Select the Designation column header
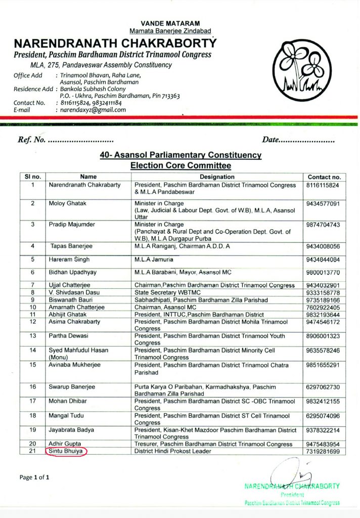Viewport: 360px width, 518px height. click(x=217, y=177)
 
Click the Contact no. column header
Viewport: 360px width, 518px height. click(x=324, y=177)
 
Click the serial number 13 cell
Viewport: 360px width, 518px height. click(x=33, y=336)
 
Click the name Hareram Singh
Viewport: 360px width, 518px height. click(x=70, y=260)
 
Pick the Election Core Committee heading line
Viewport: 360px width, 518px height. click(x=180, y=165)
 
